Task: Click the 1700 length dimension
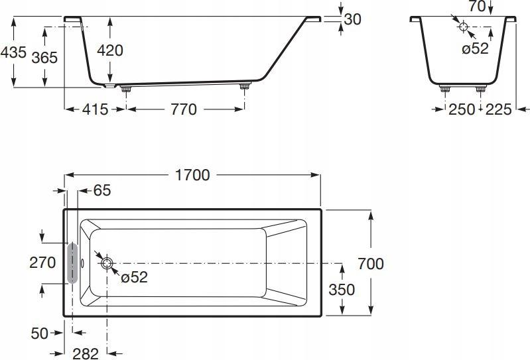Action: (192, 175)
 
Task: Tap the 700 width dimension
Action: (370, 264)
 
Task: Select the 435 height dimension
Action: (13, 52)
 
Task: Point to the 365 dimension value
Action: (44, 58)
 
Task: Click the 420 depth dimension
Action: (110, 50)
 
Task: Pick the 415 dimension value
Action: (95, 109)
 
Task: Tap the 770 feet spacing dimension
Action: (184, 109)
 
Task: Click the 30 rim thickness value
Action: (352, 19)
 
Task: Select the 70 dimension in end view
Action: (478, 6)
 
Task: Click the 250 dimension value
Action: (462, 109)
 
